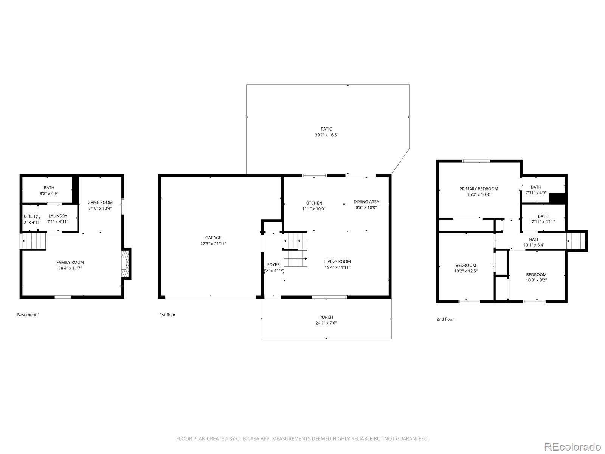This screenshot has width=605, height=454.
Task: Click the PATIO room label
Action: click(x=326, y=129)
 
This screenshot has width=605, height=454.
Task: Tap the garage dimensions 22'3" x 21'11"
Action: click(x=213, y=244)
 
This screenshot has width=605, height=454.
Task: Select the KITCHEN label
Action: click(x=314, y=203)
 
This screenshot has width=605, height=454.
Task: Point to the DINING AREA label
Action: click(x=366, y=202)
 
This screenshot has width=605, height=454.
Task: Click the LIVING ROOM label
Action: click(x=337, y=261)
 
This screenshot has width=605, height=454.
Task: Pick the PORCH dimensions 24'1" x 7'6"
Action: click(x=326, y=323)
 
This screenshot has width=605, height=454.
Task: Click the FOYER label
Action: click(x=273, y=265)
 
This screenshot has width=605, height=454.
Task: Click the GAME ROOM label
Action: click(x=100, y=202)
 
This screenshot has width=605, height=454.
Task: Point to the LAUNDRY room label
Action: click(x=58, y=216)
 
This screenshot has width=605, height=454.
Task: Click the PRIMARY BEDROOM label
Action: click(x=479, y=189)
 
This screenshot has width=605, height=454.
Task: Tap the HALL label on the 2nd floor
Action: click(x=534, y=239)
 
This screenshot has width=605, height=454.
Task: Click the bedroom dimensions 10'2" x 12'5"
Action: click(x=466, y=271)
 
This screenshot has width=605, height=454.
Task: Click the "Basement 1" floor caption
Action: click(x=28, y=315)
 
